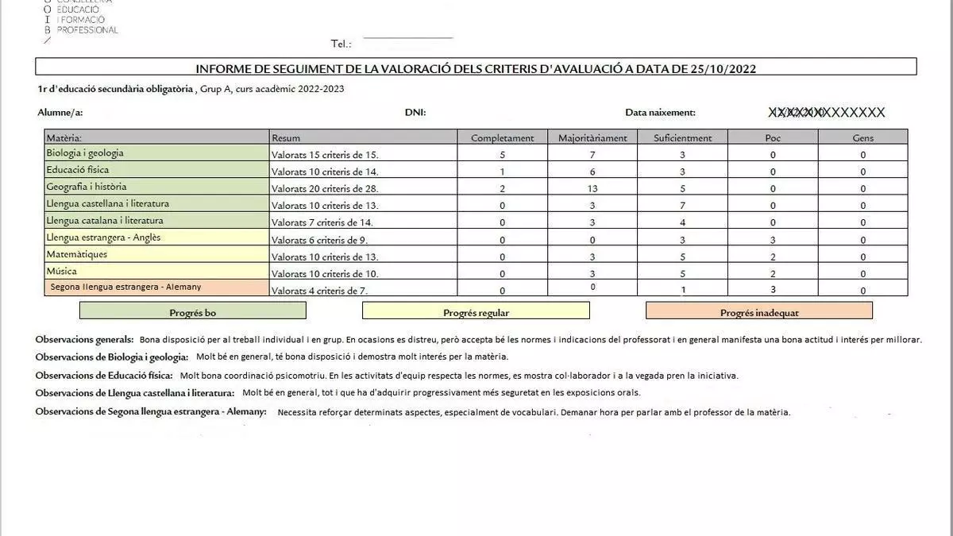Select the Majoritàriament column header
click(x=592, y=138)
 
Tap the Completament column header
click(x=502, y=138)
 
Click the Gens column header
click(x=862, y=138)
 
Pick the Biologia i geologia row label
click(x=85, y=153)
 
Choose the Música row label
click(x=62, y=272)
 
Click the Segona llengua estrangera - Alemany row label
click(x=125, y=287)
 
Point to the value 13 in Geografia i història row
click(x=592, y=189)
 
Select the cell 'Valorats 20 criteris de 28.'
click(x=325, y=189)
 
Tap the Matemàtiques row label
click(x=76, y=255)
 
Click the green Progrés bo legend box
click(x=192, y=312)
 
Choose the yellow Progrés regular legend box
click(x=476, y=312)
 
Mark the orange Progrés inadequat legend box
click(x=758, y=312)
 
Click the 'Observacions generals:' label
click(x=84, y=340)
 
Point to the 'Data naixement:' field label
click(x=660, y=113)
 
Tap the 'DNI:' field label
click(x=415, y=113)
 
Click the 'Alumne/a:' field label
click(x=60, y=113)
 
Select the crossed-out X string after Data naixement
click(x=826, y=113)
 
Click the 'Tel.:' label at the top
click(x=341, y=44)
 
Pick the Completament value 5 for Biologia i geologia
click(x=502, y=155)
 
